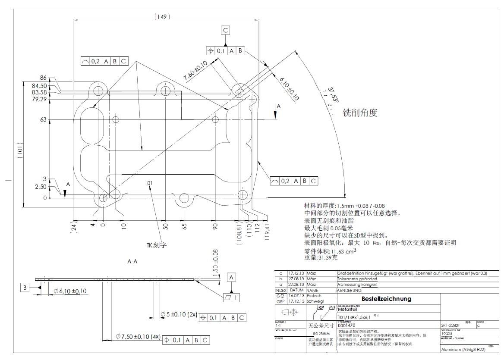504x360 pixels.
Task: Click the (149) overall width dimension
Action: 162,17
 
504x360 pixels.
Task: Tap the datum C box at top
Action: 225,30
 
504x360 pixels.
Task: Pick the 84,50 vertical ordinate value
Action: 39,85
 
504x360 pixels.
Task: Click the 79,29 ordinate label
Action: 39,100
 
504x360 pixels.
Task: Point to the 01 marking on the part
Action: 150,183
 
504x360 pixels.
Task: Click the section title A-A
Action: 132,261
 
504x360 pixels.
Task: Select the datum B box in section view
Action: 25,287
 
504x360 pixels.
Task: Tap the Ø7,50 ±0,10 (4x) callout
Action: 138,336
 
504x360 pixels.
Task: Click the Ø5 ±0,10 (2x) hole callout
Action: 179,314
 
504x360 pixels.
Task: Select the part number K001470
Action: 346,325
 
